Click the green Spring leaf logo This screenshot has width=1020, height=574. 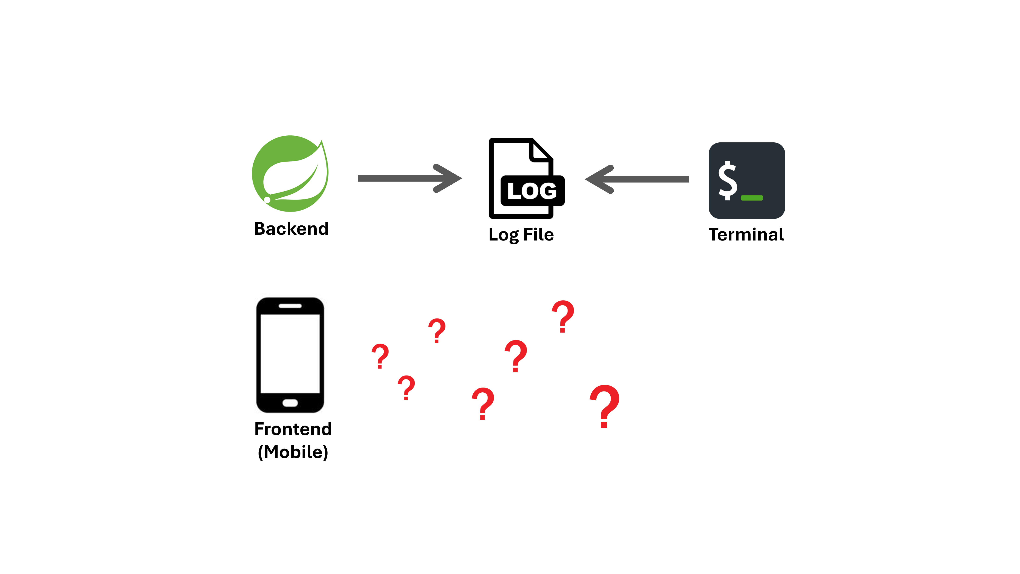(x=290, y=173)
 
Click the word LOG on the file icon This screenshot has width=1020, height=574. (x=532, y=191)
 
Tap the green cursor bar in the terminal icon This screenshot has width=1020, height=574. (x=752, y=198)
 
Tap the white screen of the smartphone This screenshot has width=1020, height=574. (x=290, y=353)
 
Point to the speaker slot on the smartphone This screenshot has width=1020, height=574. (x=290, y=306)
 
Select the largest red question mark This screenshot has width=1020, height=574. (x=604, y=406)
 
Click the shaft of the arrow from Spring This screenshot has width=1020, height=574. (x=396, y=178)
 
